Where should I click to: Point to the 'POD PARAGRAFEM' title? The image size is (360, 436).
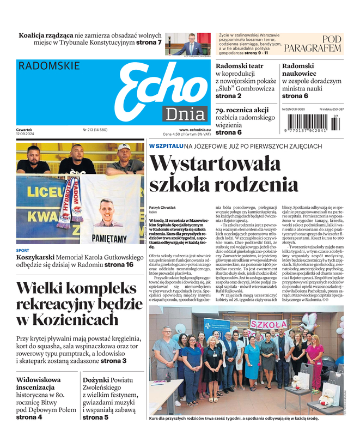[313, 44]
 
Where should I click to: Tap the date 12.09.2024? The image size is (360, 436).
[27, 134]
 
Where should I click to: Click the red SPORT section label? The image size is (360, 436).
[23, 251]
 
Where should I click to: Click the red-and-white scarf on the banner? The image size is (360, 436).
[67, 202]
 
